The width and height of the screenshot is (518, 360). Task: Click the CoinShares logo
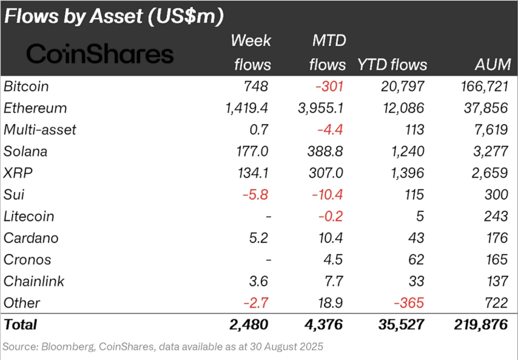pyautogui.click(x=100, y=54)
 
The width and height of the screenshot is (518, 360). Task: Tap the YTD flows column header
pyautogui.click(x=392, y=65)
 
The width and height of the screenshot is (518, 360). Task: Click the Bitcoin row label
pyautogui.click(x=26, y=86)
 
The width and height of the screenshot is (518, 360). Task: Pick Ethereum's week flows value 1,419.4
pyautogui.click(x=244, y=108)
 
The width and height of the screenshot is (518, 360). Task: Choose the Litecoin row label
pyautogui.click(x=29, y=216)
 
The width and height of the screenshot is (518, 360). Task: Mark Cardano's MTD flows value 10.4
pyautogui.click(x=329, y=238)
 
